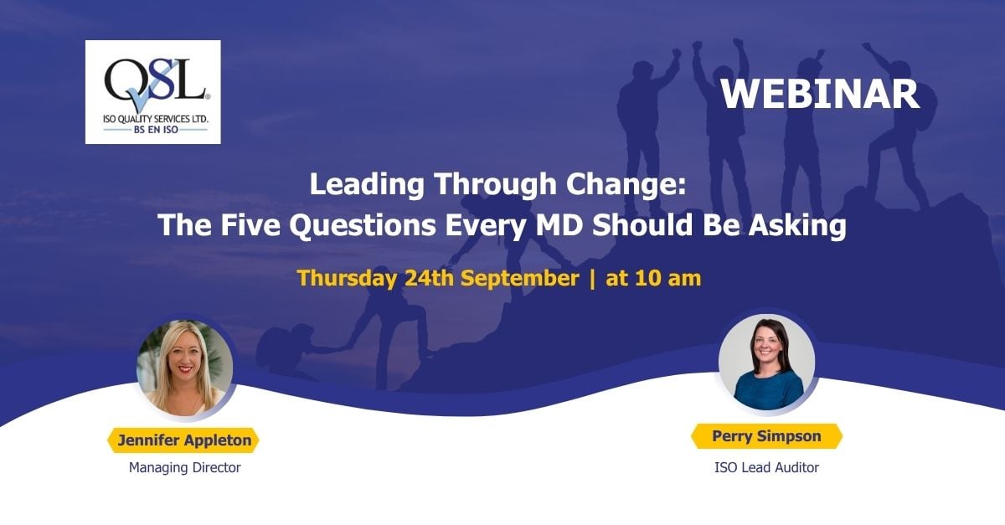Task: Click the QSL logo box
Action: coord(153,92)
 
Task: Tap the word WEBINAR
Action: coord(820,95)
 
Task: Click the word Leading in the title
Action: coord(367,184)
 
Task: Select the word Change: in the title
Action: coord(626,184)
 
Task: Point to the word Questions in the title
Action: coord(363,224)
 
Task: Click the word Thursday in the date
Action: coord(347,278)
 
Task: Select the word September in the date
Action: coord(519,279)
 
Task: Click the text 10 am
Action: coord(668,278)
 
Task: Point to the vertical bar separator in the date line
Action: coord(592,279)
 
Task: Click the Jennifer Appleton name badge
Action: coord(183,440)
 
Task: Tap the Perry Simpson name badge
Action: coord(767,436)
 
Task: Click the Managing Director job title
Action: coord(185,467)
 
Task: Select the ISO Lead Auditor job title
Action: coord(767,467)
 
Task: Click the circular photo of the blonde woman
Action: coord(185,368)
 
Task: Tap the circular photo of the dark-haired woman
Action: coord(767,362)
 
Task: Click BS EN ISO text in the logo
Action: coord(156,130)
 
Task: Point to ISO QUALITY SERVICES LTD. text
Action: coord(155,119)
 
